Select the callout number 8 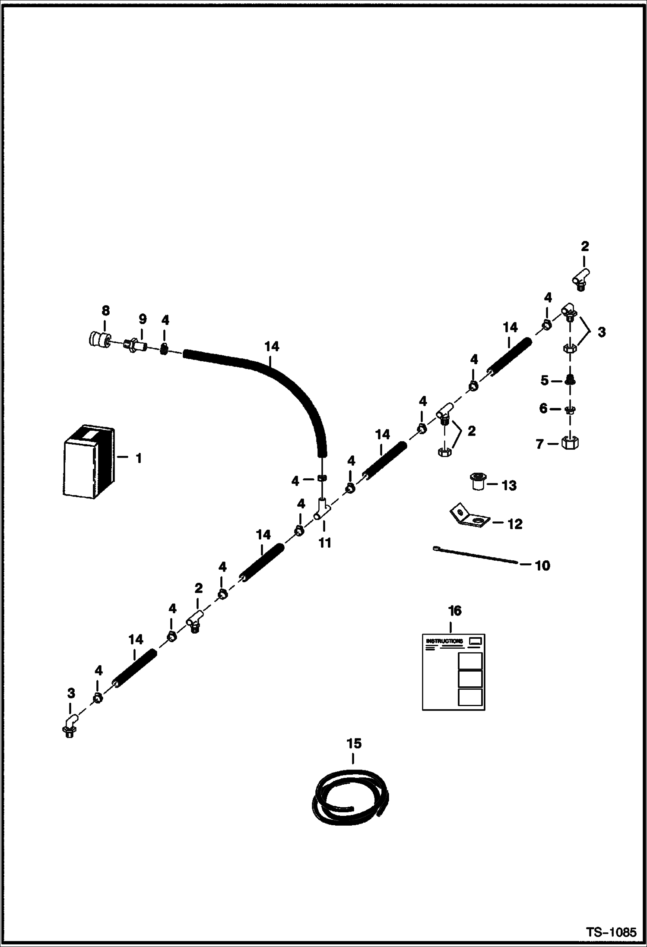pyautogui.click(x=105, y=310)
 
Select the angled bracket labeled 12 pyautogui.click(x=468, y=517)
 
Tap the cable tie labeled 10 pyautogui.click(x=475, y=555)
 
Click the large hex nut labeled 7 pyautogui.click(x=570, y=442)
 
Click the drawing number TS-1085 pyautogui.click(x=611, y=932)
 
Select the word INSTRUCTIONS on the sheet pyautogui.click(x=444, y=641)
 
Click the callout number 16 pyautogui.click(x=455, y=611)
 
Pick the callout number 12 pyautogui.click(x=515, y=524)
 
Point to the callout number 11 pyautogui.click(x=324, y=543)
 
